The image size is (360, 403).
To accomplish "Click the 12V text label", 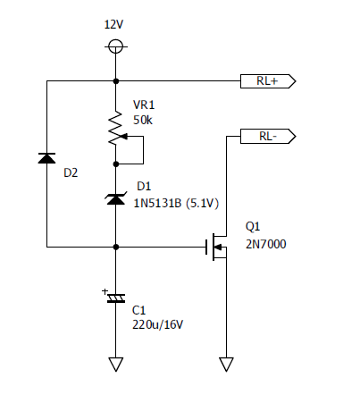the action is click(113, 24).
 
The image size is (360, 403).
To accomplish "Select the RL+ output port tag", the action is click(268, 81).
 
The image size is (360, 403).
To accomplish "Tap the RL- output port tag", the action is click(268, 136).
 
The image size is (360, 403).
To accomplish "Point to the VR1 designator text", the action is click(144, 105).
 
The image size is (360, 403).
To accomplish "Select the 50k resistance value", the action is click(143, 120).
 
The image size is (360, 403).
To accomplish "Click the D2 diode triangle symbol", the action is click(46, 158).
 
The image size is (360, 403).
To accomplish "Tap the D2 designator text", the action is click(71, 172).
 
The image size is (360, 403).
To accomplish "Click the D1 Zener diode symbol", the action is click(116, 198).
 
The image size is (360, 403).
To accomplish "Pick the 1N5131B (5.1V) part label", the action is click(176, 203).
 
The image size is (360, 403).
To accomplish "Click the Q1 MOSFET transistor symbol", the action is click(216, 247).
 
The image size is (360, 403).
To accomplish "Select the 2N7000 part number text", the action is click(266, 244).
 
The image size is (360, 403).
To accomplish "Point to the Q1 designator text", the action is click(253, 227).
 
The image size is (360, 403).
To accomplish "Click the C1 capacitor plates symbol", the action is click(116, 298).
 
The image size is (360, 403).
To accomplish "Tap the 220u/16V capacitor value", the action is click(158, 324).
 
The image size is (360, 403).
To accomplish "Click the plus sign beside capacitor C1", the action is click(105, 291).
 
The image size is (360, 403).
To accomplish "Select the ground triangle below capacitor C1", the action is click(116, 365).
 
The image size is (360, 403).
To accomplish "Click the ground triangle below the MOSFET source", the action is click(226, 365).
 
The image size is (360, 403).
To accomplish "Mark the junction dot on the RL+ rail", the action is click(116, 81).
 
